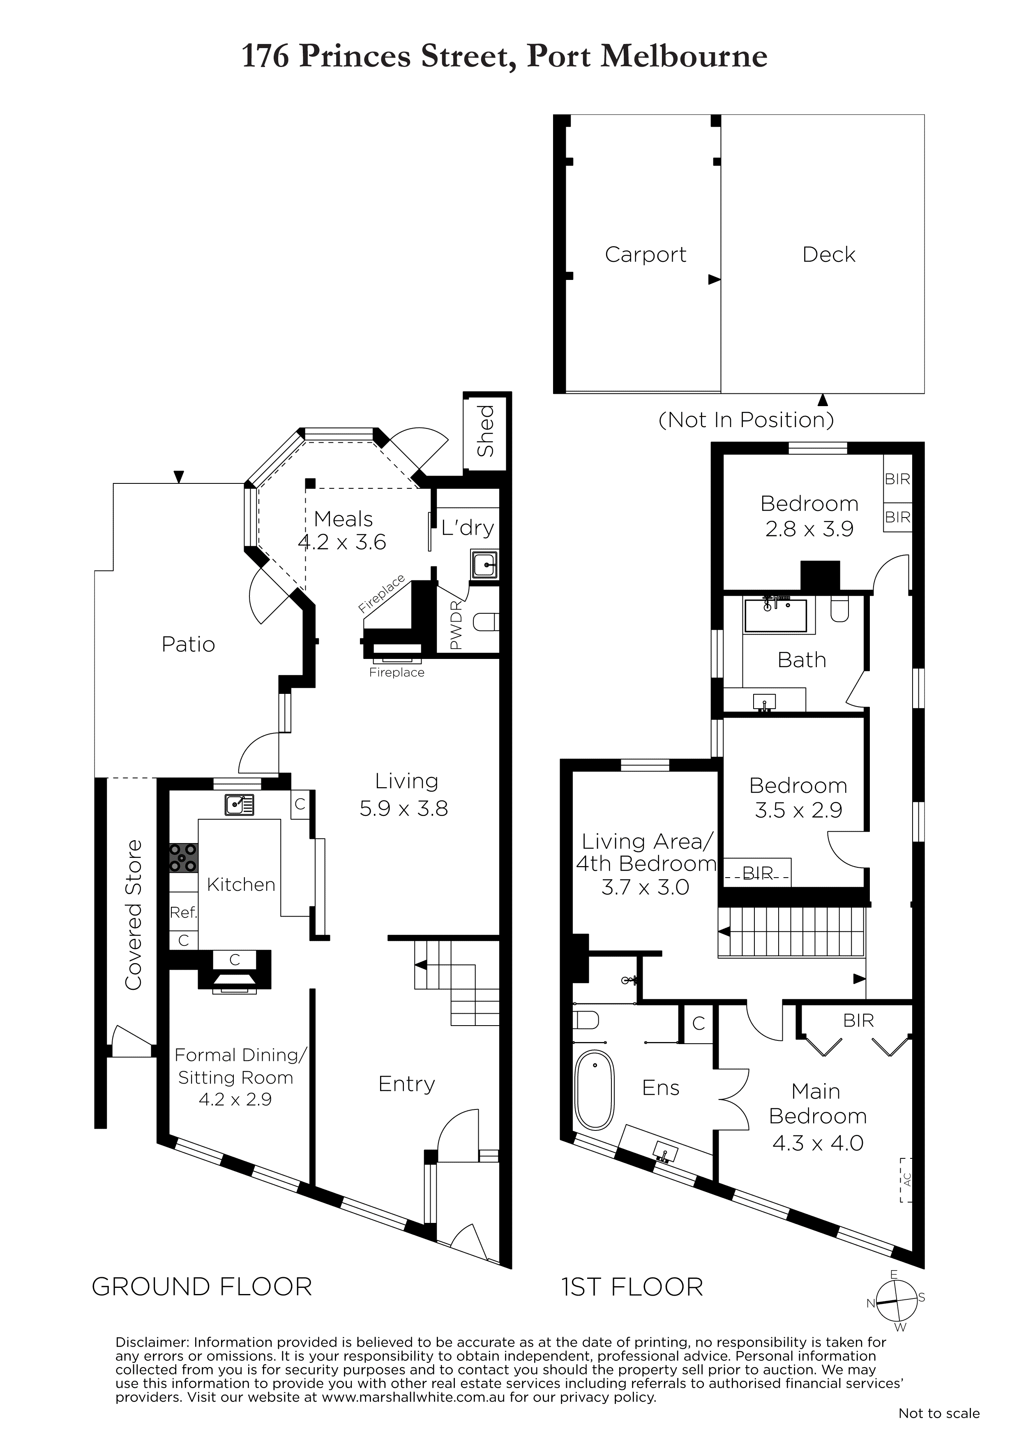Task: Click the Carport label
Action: tap(646, 255)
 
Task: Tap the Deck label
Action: tap(829, 254)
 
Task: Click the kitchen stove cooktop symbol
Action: tap(183, 858)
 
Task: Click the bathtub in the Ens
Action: tap(595, 1091)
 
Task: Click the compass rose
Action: tap(896, 1302)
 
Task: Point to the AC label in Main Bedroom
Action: tap(906, 1180)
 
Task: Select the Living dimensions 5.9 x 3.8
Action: tap(404, 808)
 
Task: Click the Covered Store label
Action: tap(134, 915)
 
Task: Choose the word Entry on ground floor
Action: tap(407, 1085)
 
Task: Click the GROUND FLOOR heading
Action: tap(202, 1287)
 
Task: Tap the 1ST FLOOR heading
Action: tap(632, 1287)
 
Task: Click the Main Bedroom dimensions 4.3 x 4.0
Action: tap(818, 1143)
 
